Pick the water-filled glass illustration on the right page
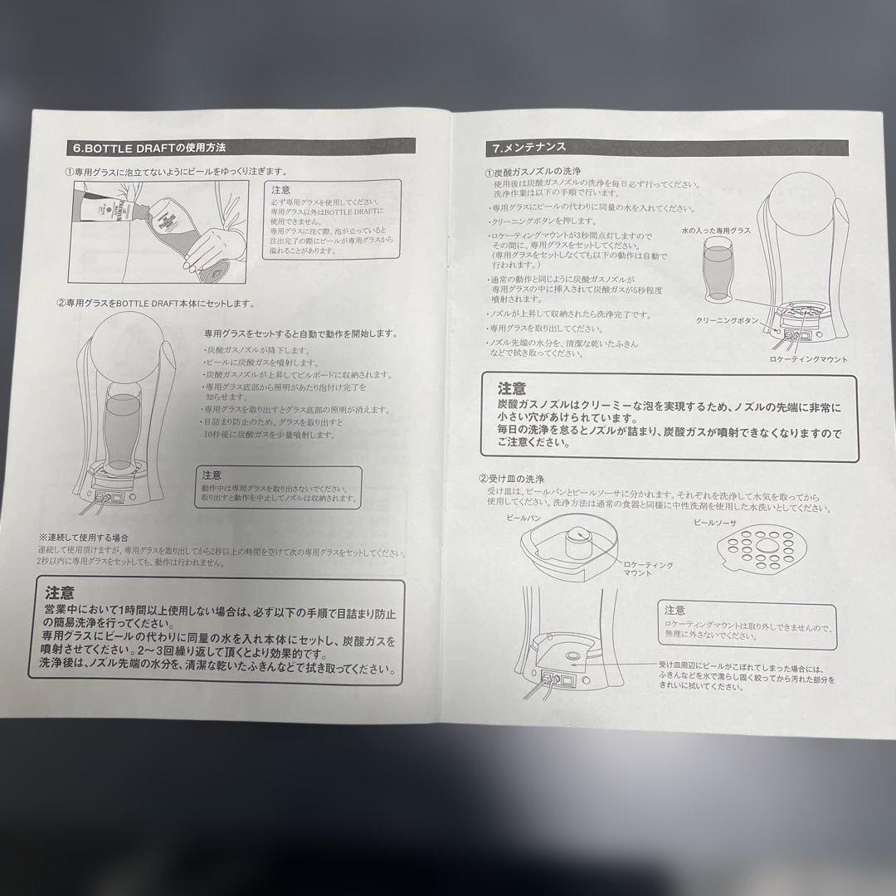click(x=717, y=270)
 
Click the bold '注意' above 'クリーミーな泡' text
click(x=512, y=388)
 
